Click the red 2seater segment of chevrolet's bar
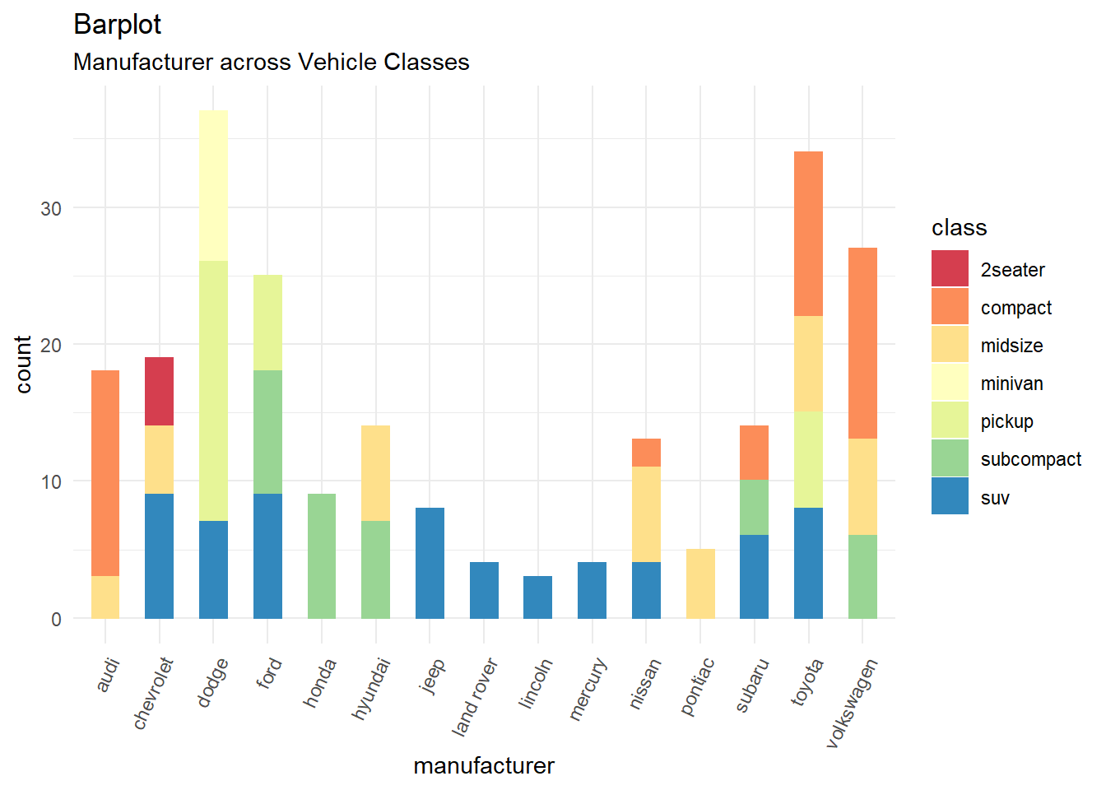point(159,391)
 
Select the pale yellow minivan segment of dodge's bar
point(213,185)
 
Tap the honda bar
point(322,555)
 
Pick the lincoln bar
point(537,597)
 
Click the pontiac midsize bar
point(700,583)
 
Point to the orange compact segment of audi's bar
point(105,473)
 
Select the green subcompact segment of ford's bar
point(267,432)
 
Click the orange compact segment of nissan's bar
point(646,453)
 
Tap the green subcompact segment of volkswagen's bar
point(862,576)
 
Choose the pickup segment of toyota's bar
point(808,459)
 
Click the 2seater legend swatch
point(950,269)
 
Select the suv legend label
point(995,498)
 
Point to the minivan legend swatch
point(950,383)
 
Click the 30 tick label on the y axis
point(51,209)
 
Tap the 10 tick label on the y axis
point(51,482)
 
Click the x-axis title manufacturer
point(484,766)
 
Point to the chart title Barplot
point(117,25)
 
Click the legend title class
point(959,228)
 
